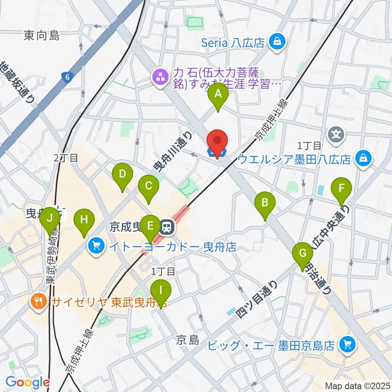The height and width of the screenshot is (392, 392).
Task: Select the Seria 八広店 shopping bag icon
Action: point(277,41)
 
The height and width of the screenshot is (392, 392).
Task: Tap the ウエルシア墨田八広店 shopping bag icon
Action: point(362,158)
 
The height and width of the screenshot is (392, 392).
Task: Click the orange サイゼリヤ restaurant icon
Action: point(39,302)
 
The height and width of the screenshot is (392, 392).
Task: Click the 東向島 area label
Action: point(42,36)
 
